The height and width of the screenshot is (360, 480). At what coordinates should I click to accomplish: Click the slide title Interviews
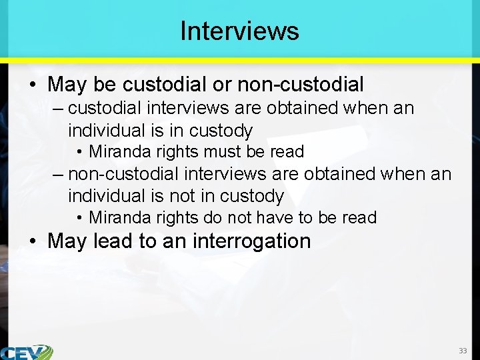(x=239, y=31)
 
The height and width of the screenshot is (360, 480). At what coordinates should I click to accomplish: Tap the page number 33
(x=463, y=351)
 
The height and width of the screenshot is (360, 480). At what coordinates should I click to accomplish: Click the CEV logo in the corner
(x=27, y=352)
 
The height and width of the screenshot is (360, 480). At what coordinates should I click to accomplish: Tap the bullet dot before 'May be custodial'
(x=33, y=85)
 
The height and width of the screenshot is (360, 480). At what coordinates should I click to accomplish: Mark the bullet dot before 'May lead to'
(x=33, y=241)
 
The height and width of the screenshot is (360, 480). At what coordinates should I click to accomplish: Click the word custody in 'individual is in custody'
(x=221, y=130)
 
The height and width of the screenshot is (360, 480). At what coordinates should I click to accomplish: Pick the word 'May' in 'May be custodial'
(x=64, y=85)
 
